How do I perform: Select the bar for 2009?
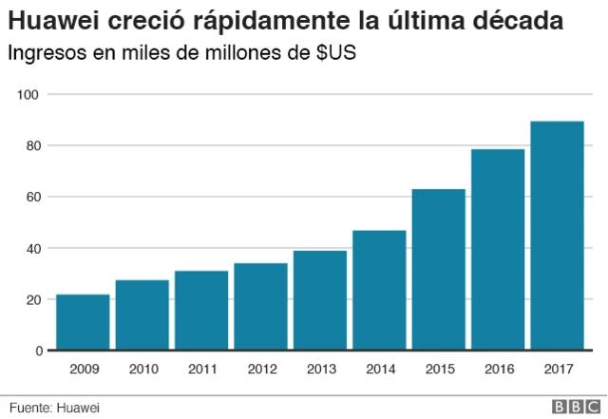coord(83,323)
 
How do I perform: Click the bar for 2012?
coord(260,307)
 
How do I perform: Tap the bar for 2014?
coord(379,291)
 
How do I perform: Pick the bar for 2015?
coord(438,270)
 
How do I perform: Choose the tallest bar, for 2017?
coord(557,237)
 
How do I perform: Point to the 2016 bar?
coord(498,250)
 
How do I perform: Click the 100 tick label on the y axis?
coord(31,95)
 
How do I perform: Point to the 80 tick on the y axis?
coord(34,146)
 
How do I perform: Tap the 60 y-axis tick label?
coord(34,198)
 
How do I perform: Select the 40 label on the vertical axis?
coord(34,249)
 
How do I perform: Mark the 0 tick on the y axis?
coord(38,352)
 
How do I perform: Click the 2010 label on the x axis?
coord(142,369)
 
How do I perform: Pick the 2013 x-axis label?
coord(319,369)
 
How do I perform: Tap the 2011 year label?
coord(200,369)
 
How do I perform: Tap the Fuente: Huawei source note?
coord(54,407)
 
